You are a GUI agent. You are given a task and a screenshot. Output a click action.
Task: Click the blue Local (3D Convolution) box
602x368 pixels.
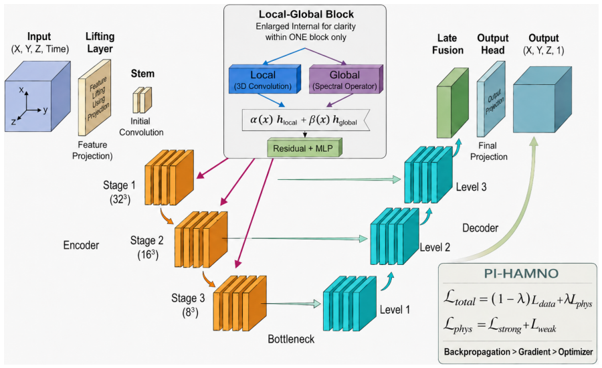coord(265,80)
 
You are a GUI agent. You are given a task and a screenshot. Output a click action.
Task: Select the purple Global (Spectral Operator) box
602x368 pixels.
coord(346,80)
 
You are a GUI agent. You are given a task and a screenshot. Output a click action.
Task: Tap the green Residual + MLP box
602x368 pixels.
coord(304,147)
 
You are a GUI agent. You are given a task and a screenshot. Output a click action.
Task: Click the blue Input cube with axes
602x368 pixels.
coord(37,96)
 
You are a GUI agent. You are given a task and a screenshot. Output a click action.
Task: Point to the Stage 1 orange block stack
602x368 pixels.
coord(169,178)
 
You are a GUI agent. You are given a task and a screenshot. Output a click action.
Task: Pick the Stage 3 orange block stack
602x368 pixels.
coord(240,303)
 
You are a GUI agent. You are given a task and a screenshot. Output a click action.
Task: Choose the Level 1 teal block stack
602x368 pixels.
coord(349,304)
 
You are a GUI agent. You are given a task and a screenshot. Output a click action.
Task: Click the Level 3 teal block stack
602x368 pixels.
coord(429,175)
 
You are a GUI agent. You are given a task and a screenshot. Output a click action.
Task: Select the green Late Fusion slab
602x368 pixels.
coord(453,103)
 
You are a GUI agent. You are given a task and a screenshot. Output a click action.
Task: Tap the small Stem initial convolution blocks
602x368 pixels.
coord(142,100)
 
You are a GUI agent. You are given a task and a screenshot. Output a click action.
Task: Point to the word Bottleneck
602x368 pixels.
coord(291,339)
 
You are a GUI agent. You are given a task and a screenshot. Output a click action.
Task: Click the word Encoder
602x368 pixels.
coord(81,245)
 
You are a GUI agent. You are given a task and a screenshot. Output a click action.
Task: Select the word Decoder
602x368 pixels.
coord(480,227)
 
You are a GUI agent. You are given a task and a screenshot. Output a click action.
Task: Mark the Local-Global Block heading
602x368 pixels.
coord(306,14)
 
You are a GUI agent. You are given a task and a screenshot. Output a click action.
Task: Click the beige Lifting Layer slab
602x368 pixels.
coord(94,98)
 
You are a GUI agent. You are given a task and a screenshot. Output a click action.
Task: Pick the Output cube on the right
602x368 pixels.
coord(542,100)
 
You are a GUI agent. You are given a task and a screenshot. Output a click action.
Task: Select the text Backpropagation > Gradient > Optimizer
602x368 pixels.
coord(518,351)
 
